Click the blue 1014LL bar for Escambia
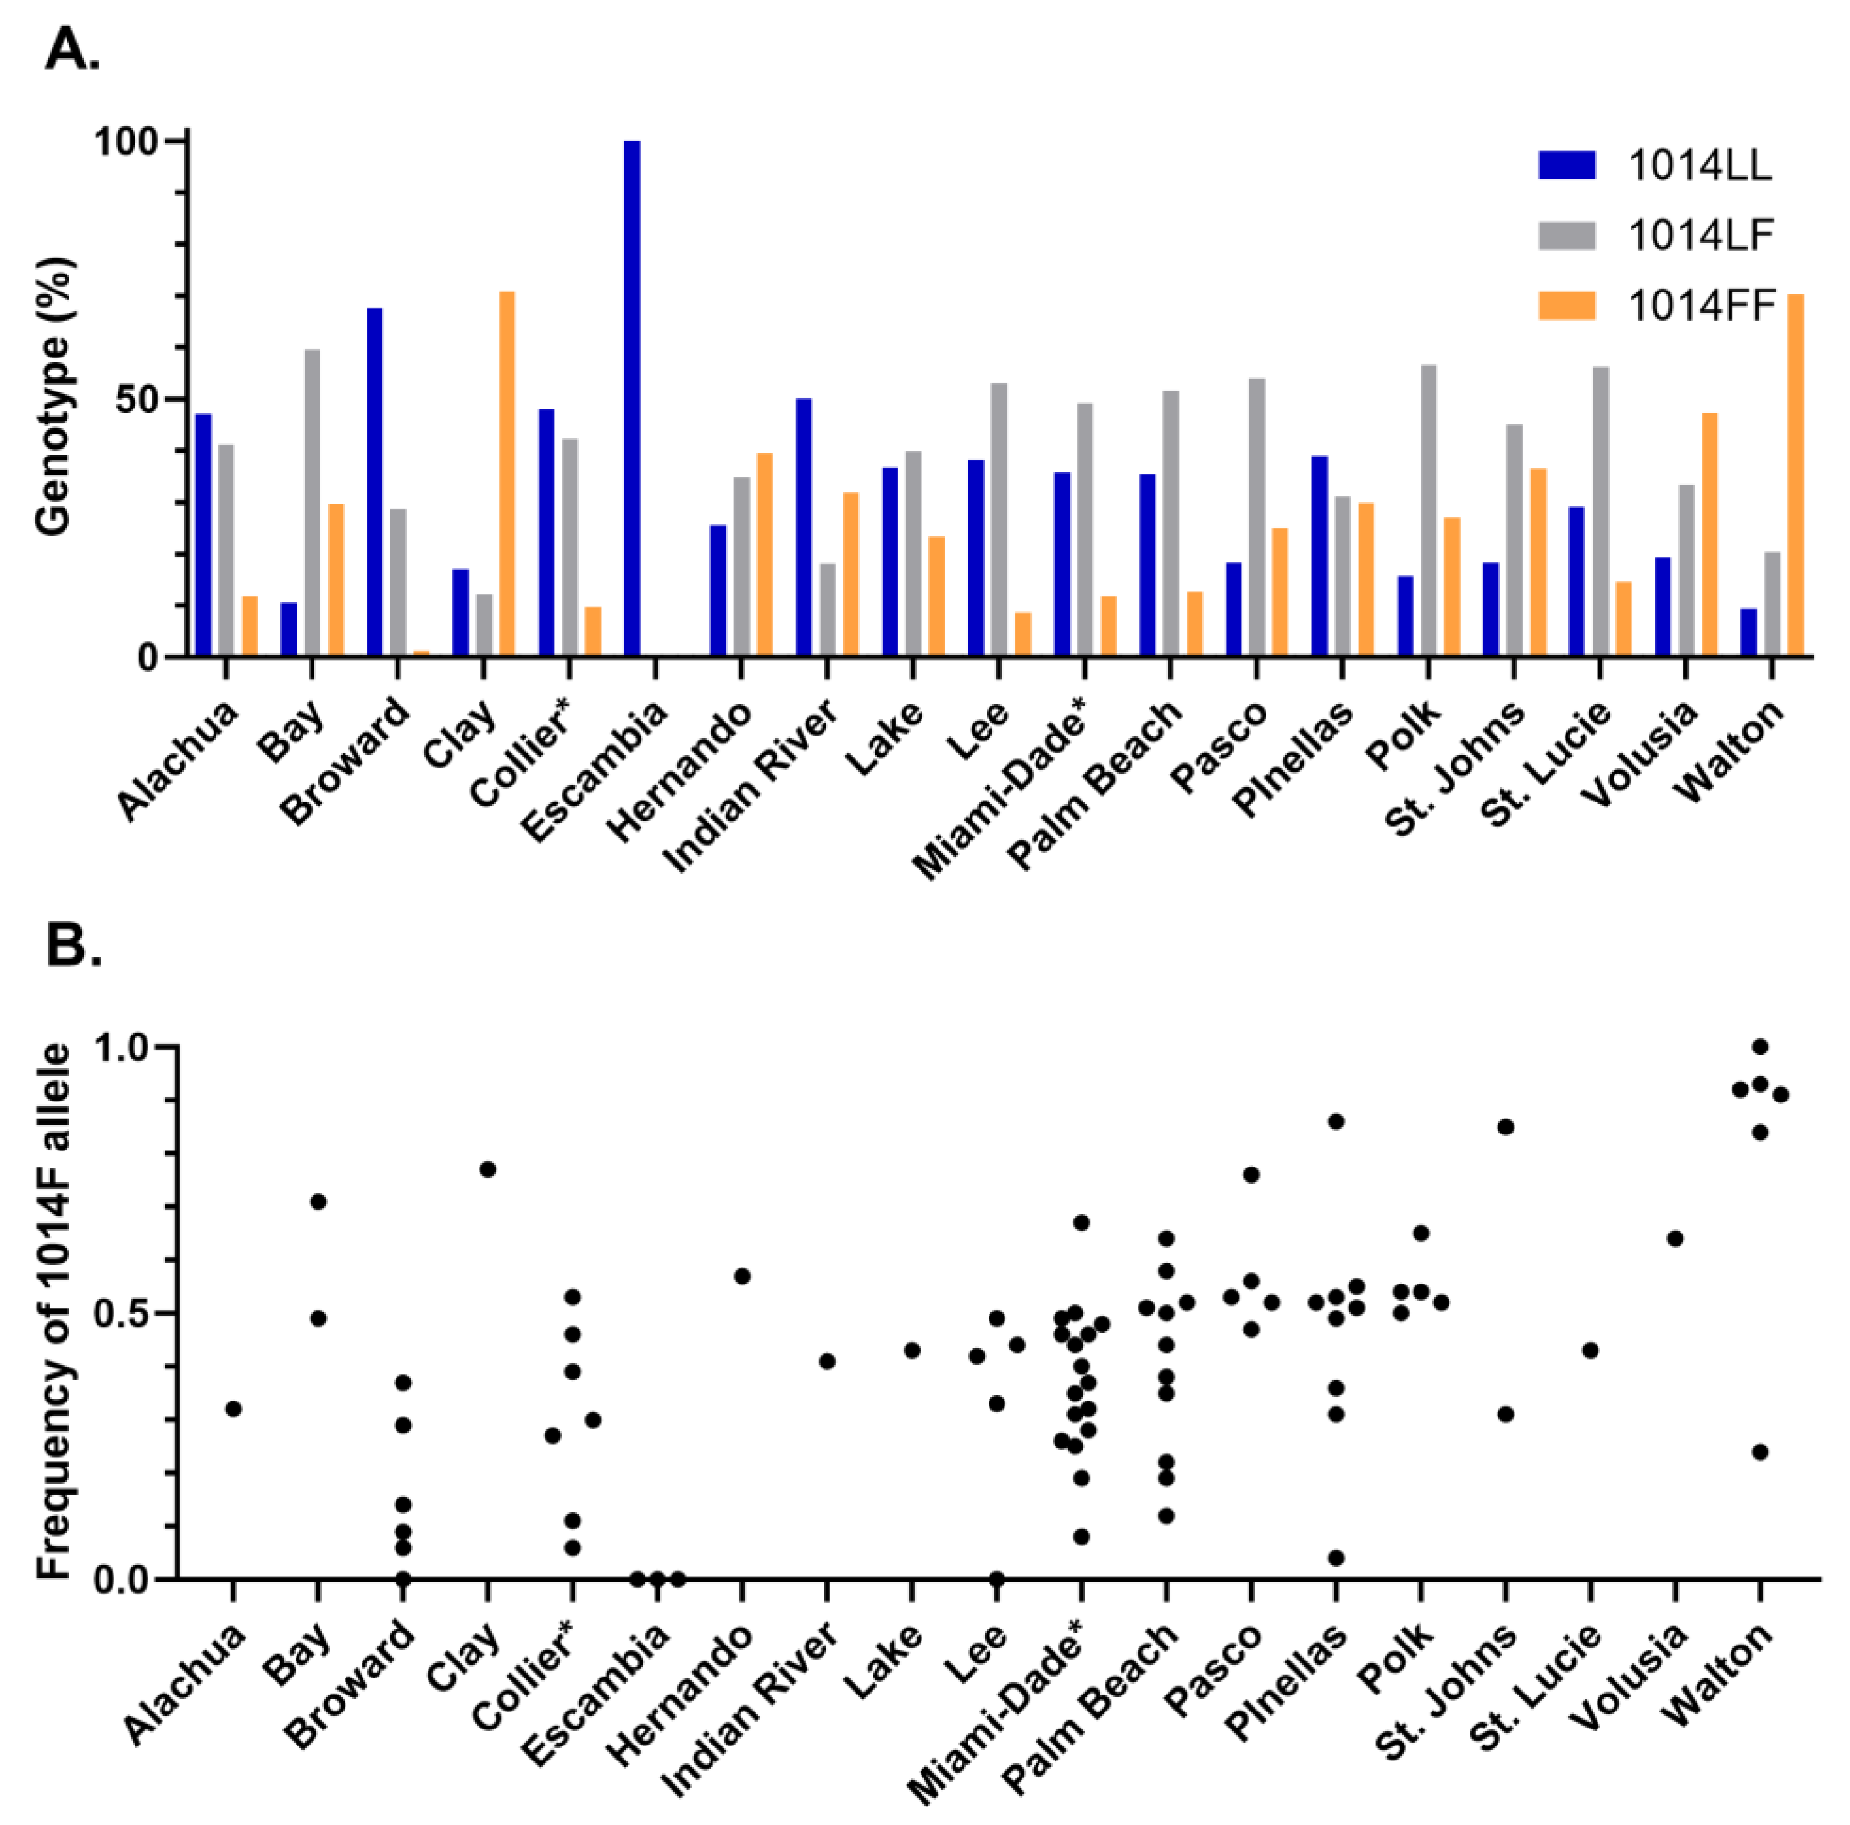632,398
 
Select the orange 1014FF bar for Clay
507,474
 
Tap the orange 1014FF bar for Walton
1795,476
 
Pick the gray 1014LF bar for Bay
312,502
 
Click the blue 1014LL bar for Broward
374,482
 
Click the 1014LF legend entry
1656,236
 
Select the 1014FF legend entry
1656,306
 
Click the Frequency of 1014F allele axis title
55,1312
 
